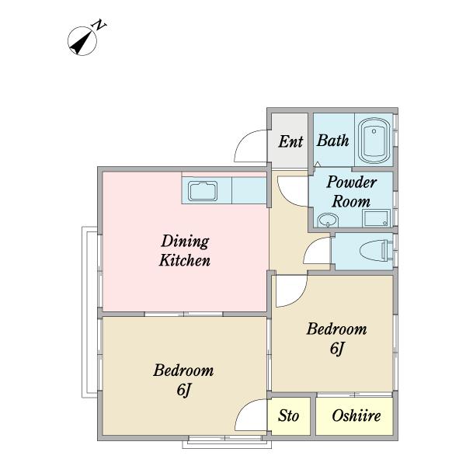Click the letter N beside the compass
(99, 25)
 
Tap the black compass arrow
(82, 41)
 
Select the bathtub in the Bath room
(374, 141)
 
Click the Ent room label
(290, 141)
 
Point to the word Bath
(332, 141)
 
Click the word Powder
(352, 182)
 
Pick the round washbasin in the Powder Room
(328, 221)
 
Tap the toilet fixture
(375, 252)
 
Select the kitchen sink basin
(203, 190)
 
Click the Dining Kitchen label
(185, 251)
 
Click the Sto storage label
(288, 416)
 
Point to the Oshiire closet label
(356, 416)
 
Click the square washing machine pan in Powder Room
(376, 218)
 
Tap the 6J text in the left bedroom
(183, 390)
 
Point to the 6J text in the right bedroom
(337, 348)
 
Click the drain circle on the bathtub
(374, 131)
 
